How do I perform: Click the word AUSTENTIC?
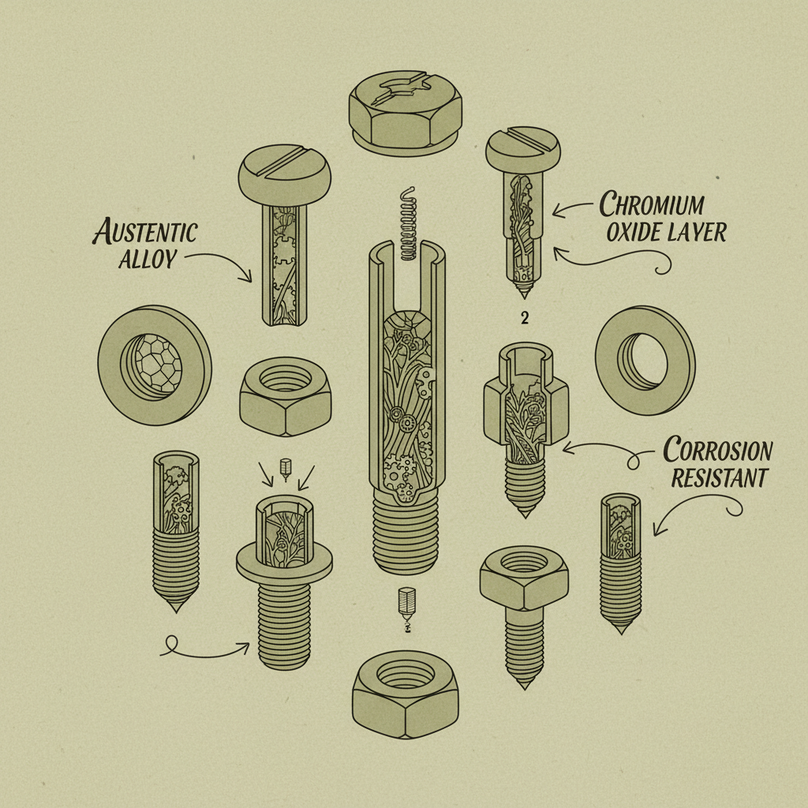[x=145, y=233]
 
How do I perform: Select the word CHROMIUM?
[x=652, y=205]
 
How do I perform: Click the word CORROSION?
[x=718, y=451]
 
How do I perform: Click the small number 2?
[x=524, y=318]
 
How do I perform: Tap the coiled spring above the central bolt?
[x=407, y=225]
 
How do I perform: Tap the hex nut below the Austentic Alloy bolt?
[x=285, y=393]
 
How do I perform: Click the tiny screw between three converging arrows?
[x=286, y=466]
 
